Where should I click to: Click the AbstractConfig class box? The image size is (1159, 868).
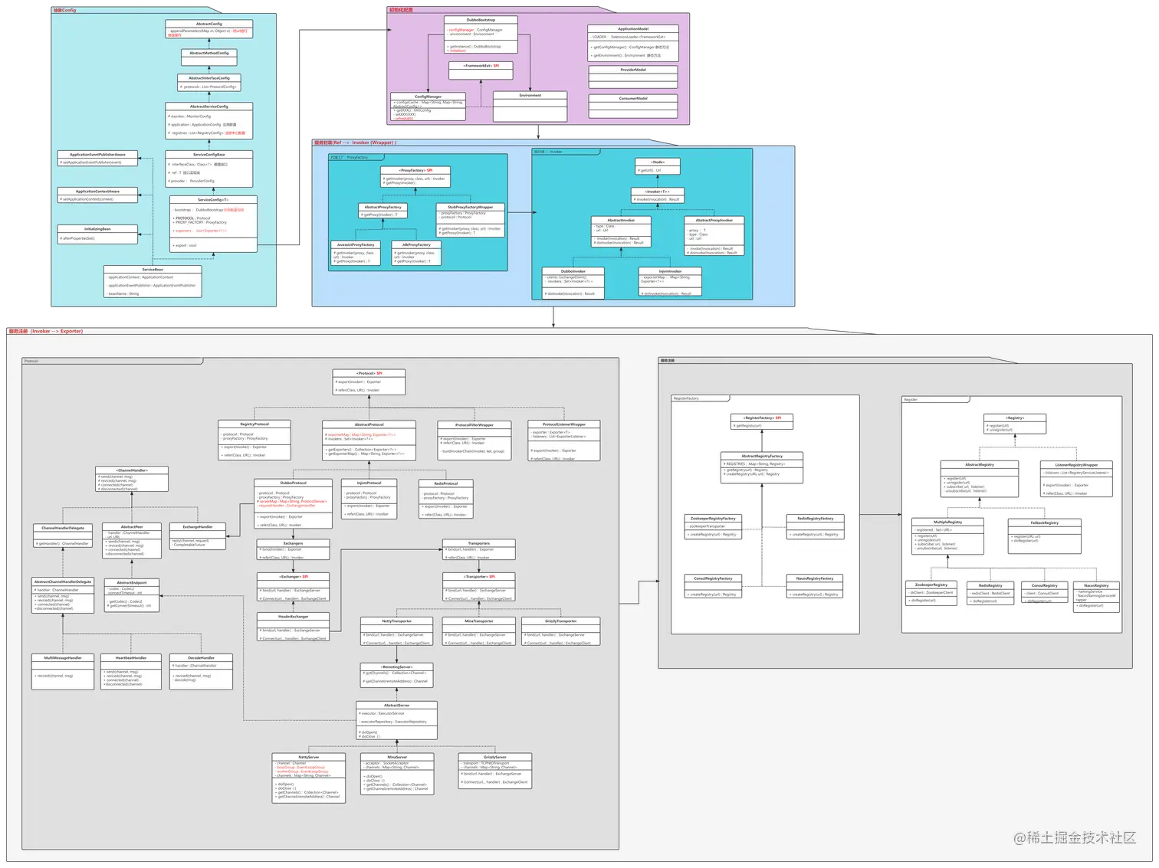pos(208,29)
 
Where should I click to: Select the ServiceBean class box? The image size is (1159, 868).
pos(153,281)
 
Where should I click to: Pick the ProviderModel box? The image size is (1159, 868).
pos(633,75)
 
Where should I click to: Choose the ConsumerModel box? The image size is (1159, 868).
pos(633,105)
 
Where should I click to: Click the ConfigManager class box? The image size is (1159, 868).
pos(428,107)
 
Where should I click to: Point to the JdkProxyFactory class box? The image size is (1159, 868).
pos(415,254)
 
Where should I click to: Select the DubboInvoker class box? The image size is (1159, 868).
pos(573,283)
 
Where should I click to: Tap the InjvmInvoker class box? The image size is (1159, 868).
pos(670,282)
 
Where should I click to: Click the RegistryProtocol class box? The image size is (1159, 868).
pos(254,440)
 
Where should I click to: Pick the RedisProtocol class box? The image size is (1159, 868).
pos(445,499)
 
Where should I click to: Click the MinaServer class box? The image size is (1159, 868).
pos(397,774)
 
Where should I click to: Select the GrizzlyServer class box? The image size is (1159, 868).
pos(495,771)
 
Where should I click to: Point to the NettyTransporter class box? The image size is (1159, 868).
pos(396,631)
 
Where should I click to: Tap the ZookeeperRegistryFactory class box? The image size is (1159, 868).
pos(713,527)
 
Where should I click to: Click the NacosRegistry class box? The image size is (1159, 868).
pos(1096,596)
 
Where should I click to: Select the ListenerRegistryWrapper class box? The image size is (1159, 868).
pos(1076,479)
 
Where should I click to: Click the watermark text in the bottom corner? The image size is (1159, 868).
pos(1075,838)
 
